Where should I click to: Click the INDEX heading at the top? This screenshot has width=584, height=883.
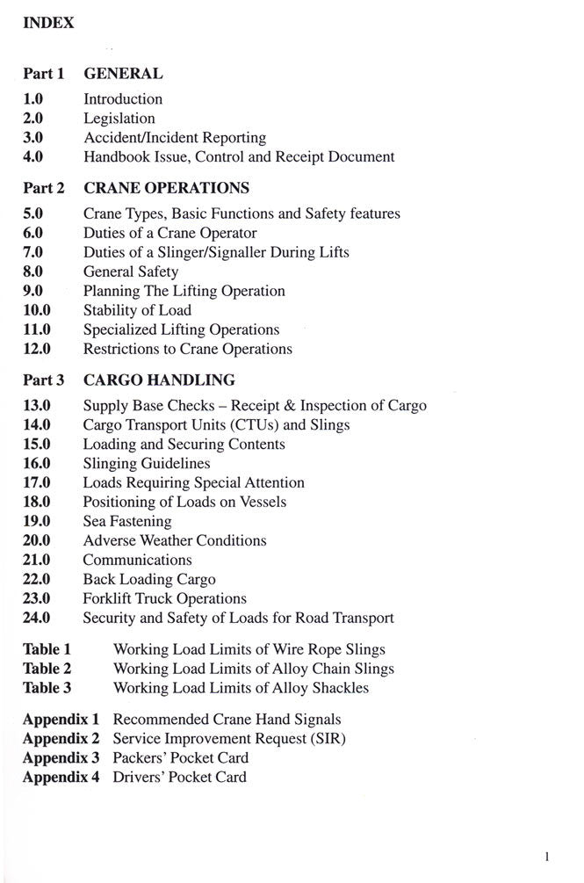point(48,24)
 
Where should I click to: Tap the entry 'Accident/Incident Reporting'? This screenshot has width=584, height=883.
point(175,138)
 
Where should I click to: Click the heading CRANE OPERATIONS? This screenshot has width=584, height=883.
point(166,188)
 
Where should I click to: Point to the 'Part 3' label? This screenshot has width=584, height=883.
point(44,380)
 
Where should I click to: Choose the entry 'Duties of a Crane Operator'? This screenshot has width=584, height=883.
point(169,233)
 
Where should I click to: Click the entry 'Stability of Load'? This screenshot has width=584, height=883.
point(137,310)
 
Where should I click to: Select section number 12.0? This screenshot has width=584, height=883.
point(37,349)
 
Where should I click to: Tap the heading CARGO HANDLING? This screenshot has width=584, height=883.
point(159,380)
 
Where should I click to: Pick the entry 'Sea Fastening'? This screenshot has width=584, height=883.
point(127,521)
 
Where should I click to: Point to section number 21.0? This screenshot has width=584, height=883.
point(37,560)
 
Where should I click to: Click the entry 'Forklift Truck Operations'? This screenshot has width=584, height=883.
point(164,598)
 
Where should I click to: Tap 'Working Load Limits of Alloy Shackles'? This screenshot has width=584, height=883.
point(241,688)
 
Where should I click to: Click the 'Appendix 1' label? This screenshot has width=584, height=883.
point(61,720)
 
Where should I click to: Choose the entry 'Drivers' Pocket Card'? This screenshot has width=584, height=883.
point(179,778)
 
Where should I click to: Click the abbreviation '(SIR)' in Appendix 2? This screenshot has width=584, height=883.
point(325,739)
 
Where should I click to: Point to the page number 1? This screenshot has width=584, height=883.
point(546,855)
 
